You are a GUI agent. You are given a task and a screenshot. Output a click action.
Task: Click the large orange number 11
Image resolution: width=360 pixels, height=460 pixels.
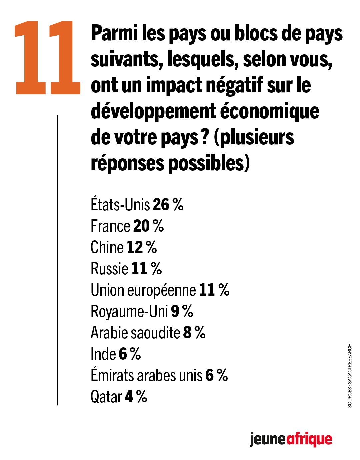pos(47,57)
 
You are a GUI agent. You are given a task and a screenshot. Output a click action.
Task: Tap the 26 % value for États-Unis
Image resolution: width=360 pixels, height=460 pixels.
pos(168,205)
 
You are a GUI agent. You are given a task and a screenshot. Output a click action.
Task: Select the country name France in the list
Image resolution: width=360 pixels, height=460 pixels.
pos(110,226)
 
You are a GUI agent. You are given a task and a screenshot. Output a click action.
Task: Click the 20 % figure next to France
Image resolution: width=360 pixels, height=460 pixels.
pos(148,226)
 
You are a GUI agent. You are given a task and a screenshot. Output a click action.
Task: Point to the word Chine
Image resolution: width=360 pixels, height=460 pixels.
pos(107,247)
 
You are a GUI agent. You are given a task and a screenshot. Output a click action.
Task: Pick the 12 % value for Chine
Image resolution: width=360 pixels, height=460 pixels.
pos(142,247)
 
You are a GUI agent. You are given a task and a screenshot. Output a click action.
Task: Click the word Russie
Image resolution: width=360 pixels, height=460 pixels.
pos(109,269)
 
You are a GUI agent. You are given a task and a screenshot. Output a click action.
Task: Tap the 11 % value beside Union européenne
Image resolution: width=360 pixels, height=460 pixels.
pos(214,290)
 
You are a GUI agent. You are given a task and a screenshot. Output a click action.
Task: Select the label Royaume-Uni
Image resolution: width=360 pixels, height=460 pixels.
pos(129,311)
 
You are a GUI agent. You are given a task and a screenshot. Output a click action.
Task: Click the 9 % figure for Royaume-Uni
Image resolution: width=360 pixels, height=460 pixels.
pos(182,311)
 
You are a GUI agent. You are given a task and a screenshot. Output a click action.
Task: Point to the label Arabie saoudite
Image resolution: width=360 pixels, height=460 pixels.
pos(135,333)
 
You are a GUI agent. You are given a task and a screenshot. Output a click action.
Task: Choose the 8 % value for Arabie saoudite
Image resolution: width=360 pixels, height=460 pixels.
pos(194,333)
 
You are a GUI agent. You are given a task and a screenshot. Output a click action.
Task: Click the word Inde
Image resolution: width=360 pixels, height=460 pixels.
pos(103,354)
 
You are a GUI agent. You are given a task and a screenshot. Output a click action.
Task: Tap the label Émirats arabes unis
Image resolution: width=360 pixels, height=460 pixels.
pos(146,375)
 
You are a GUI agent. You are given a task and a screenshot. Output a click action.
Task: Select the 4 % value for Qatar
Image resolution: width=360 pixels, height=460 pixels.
pos(136,397)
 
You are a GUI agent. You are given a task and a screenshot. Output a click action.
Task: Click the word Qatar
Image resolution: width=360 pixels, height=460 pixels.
pos(106,397)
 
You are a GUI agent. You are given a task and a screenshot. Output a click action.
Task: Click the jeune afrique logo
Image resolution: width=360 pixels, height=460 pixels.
pos(291,440)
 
